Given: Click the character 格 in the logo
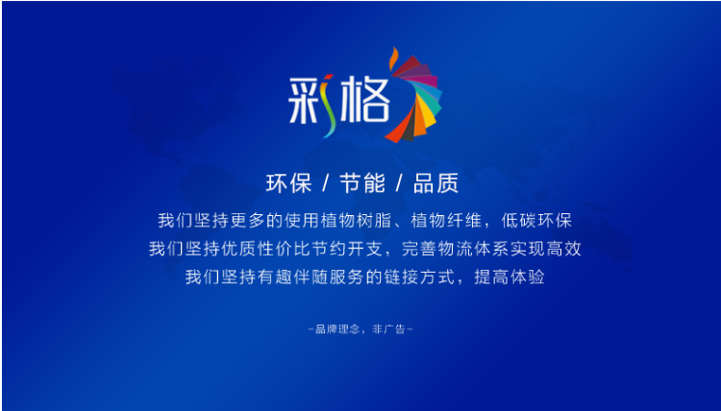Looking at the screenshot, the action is (365, 100).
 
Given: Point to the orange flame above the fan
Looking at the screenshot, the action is (393, 59).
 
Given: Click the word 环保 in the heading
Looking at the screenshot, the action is (288, 183).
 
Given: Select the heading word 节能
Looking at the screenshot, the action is (362, 183).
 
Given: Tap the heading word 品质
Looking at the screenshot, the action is (435, 183).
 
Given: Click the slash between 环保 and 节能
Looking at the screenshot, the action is (326, 183).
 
